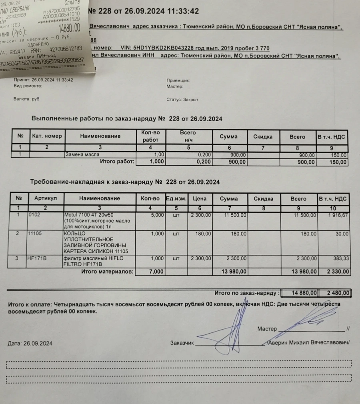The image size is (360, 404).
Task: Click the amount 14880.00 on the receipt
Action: [x=69, y=28]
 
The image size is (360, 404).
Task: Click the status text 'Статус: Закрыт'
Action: [x=182, y=100]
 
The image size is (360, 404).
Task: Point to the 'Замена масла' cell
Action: [x=82, y=154]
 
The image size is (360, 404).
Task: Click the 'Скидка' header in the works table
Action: [x=263, y=136]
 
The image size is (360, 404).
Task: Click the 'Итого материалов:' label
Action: [x=107, y=272]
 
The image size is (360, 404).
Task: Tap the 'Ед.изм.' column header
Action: [x=176, y=198]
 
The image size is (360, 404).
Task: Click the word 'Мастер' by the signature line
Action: [x=267, y=329]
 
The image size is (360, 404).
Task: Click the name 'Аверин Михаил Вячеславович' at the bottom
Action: [x=308, y=343]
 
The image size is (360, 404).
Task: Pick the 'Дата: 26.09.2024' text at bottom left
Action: [x=30, y=343]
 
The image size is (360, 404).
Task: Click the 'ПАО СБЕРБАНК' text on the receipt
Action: [x=20, y=9]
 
